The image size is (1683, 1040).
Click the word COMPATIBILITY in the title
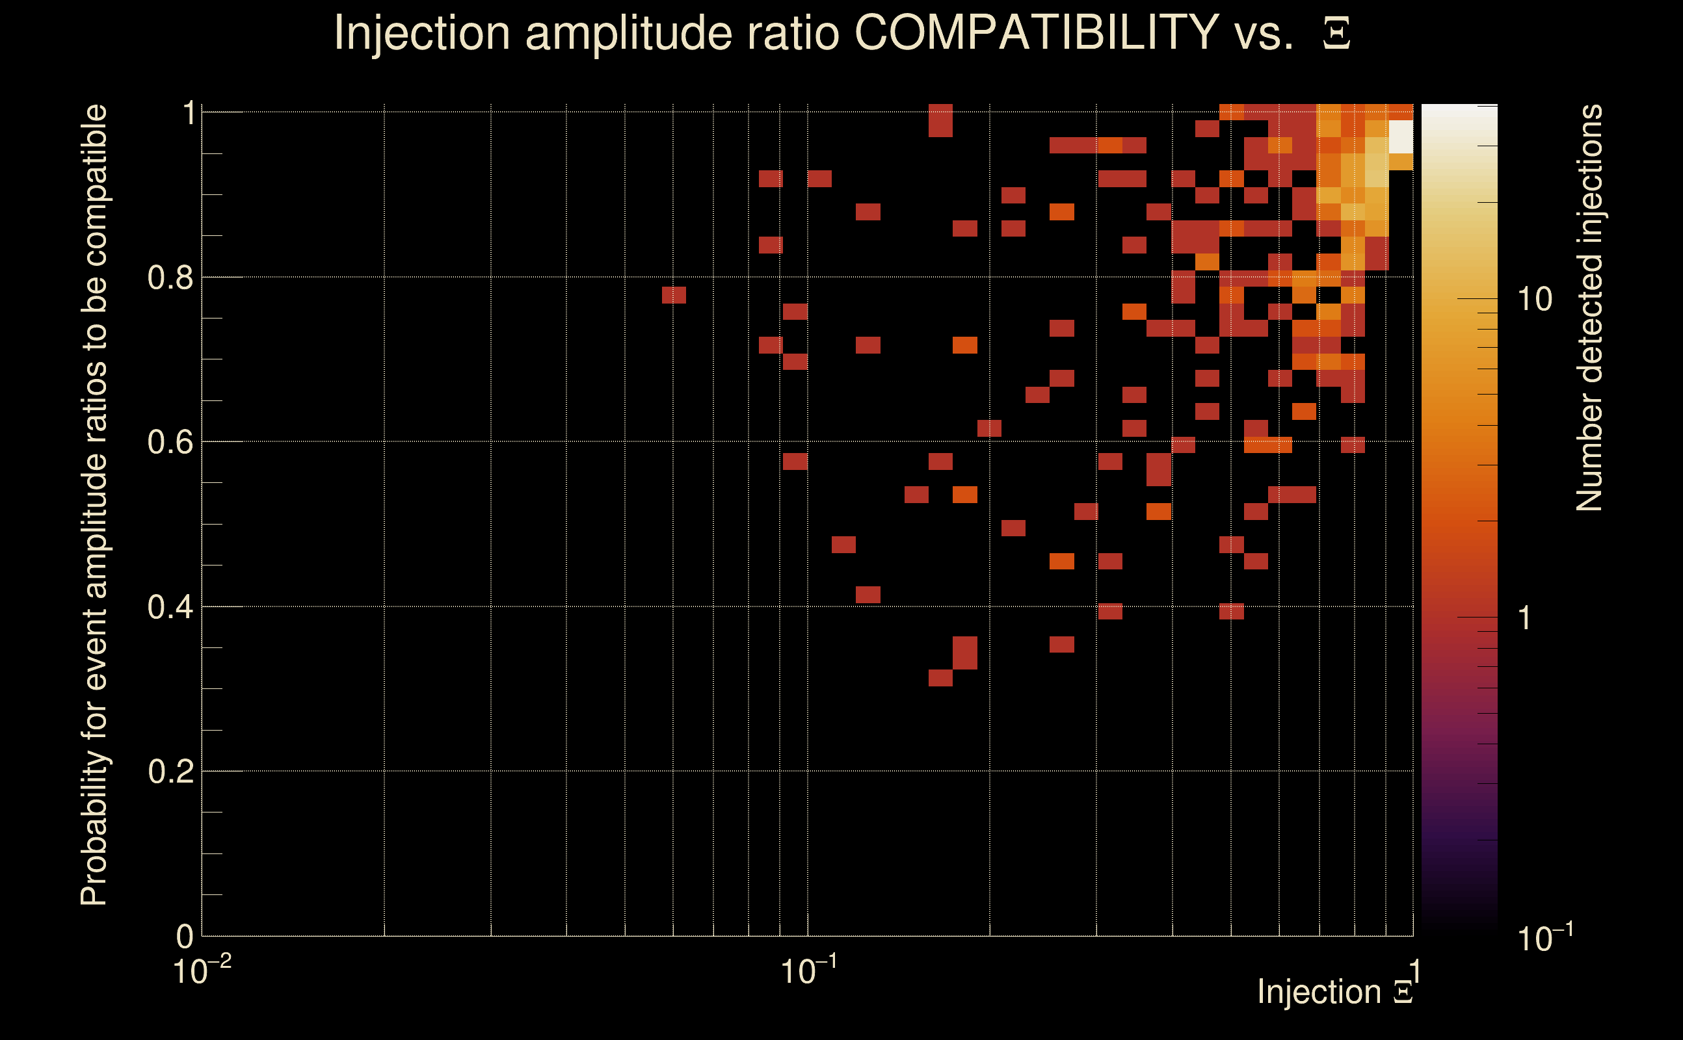tap(1036, 32)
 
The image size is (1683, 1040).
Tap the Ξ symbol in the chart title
tap(1336, 34)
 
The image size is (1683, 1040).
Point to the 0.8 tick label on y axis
tap(170, 278)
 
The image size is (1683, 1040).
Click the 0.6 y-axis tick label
tap(170, 442)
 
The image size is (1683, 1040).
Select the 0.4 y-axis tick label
tap(170, 607)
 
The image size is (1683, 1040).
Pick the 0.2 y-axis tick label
tap(170, 772)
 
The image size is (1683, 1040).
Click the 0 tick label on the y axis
tap(185, 936)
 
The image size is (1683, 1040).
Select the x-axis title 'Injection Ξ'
tap(1335, 992)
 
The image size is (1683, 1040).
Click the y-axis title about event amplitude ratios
tap(94, 505)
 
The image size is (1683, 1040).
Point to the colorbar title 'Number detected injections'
tap(1589, 307)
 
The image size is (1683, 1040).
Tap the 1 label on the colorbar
tap(1524, 618)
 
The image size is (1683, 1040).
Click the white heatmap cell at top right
tap(1400, 137)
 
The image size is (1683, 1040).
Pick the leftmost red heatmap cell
tap(674, 295)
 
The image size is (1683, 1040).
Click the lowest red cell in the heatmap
tap(940, 678)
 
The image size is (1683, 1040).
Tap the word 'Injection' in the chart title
tap(421, 32)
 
